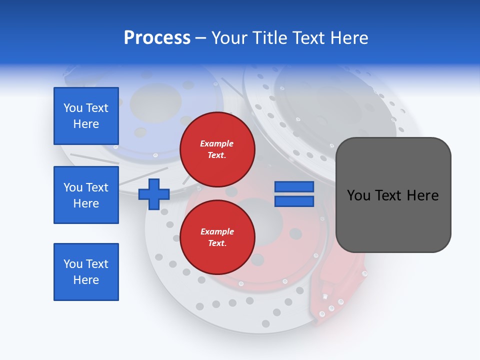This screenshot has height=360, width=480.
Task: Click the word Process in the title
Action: (x=157, y=38)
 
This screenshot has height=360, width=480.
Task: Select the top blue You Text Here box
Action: (x=86, y=116)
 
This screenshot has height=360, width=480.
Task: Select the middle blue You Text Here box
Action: (x=86, y=195)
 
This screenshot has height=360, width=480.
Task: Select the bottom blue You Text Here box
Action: (x=86, y=272)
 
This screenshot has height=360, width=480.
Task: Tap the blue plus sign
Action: (x=154, y=194)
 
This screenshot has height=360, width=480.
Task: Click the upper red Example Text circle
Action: (x=217, y=149)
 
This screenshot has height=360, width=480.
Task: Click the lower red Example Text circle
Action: (x=217, y=237)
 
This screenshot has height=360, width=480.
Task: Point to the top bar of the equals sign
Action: (x=294, y=187)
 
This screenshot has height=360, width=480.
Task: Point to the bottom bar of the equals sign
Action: (x=294, y=201)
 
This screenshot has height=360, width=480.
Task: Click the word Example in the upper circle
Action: (x=216, y=143)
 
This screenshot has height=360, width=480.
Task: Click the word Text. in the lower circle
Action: (x=216, y=243)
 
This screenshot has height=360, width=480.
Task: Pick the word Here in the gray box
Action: (x=422, y=195)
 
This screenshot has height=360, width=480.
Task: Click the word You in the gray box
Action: (x=359, y=195)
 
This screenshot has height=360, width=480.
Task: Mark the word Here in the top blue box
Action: (x=86, y=124)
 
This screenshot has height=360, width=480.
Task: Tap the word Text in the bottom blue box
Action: (x=97, y=264)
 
